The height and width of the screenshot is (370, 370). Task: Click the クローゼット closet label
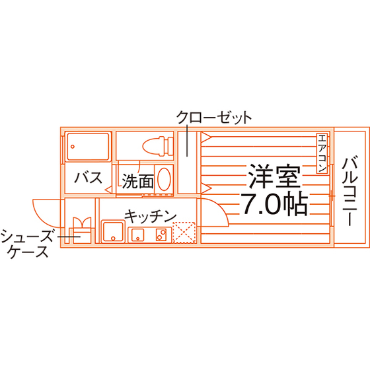point(214,118)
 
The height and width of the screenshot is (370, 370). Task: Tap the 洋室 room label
point(275,176)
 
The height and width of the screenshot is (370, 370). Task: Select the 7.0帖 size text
point(275,204)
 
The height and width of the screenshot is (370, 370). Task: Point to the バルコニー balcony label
point(350,190)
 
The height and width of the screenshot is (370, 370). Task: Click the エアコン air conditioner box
point(322,153)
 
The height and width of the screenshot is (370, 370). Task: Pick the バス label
point(89,178)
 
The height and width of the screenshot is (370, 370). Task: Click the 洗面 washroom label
point(138,181)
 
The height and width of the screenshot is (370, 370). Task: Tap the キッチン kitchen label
point(151,216)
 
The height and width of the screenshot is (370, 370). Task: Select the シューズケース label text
point(27,243)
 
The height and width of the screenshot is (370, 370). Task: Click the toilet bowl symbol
point(158,146)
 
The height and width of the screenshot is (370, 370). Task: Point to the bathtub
point(88,147)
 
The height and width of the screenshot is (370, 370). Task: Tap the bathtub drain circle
point(73,147)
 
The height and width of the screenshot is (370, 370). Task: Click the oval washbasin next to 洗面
point(164,178)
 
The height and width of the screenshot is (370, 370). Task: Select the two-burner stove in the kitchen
point(161,235)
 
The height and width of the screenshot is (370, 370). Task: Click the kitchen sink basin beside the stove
point(138,235)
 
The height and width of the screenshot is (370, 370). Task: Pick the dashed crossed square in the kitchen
point(184,233)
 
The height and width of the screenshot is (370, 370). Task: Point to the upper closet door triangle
point(206,137)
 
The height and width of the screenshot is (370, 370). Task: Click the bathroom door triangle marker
point(108,189)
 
